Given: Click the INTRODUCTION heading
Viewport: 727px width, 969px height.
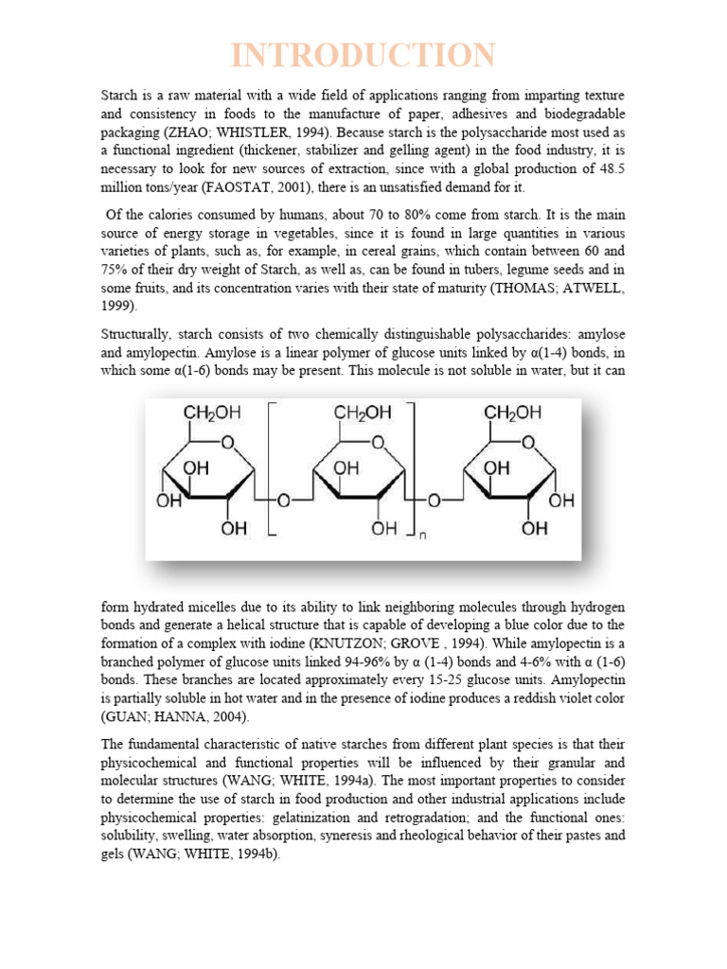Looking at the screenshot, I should [x=363, y=55].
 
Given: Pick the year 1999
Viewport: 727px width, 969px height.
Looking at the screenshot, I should [x=116, y=307].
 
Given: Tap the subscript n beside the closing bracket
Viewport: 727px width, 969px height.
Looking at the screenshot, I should [x=423, y=535].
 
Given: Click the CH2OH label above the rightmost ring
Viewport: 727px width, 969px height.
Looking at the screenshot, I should [x=512, y=414].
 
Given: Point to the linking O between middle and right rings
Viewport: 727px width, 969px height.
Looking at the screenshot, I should [x=434, y=500].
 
